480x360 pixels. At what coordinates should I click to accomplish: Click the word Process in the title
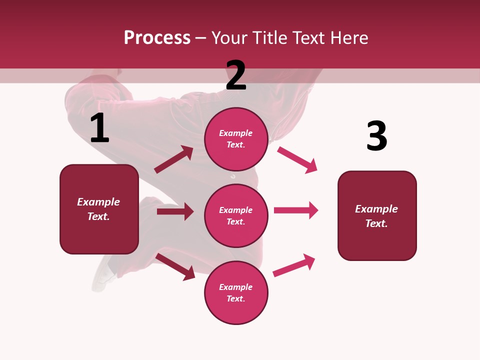click(157, 38)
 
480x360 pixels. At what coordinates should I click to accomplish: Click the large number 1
click(99, 128)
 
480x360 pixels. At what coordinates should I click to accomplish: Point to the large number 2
click(236, 76)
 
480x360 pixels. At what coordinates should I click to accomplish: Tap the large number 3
click(377, 136)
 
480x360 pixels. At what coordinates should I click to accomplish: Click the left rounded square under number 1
click(99, 209)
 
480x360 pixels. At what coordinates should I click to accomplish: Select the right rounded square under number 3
click(377, 216)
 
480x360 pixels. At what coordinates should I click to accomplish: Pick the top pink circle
click(236, 139)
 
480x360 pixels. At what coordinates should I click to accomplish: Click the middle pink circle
click(236, 216)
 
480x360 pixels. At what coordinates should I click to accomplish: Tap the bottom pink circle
click(236, 293)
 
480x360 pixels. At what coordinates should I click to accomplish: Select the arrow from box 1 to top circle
click(174, 159)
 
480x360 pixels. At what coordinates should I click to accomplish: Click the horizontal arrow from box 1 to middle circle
click(175, 211)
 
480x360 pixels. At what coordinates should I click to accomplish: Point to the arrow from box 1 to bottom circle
click(175, 266)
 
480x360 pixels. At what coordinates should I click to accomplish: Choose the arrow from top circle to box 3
click(297, 159)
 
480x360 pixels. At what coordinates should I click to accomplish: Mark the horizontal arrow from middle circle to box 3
click(296, 210)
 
